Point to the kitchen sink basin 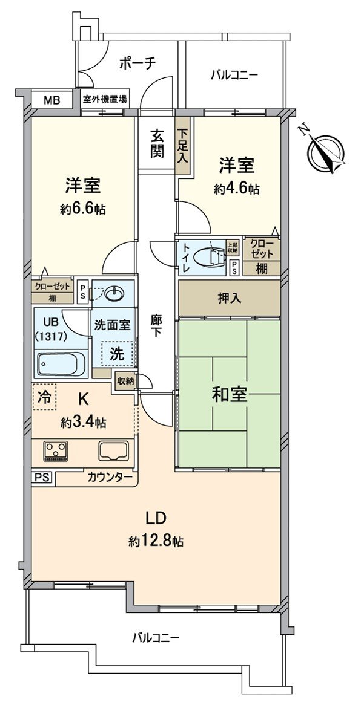coord(114,450)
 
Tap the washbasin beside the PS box coord(113,294)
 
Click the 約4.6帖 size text coord(236,189)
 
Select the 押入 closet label coord(229,299)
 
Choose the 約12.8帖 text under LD coord(156,541)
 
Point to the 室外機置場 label coord(105,99)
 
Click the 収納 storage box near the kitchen coord(126,381)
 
